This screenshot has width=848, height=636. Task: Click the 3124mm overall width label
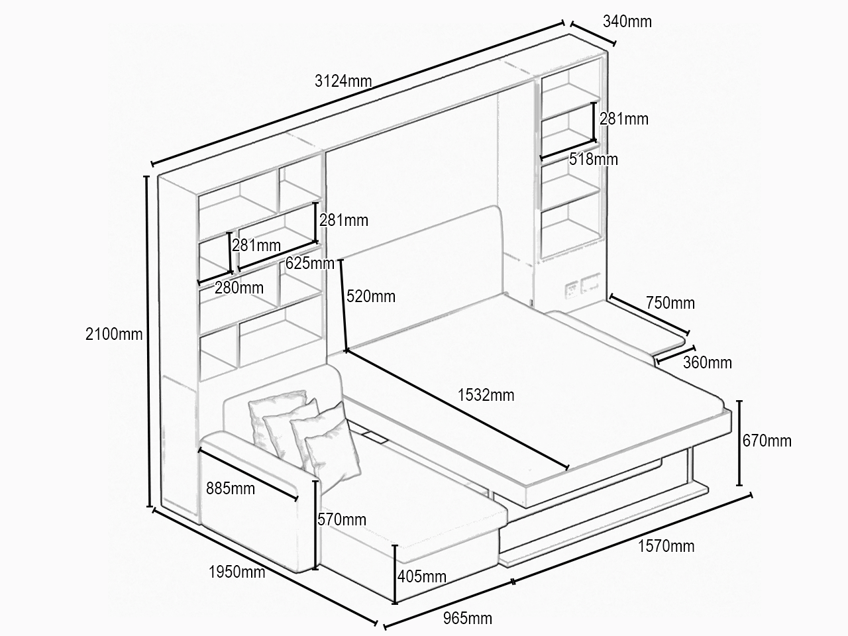pos(343,81)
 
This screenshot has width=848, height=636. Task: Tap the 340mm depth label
pos(627,21)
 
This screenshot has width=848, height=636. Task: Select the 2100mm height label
pos(114,334)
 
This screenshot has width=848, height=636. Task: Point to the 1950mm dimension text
pos(237,572)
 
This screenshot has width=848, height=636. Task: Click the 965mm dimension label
pos(468,619)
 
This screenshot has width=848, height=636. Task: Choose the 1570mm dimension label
pos(666,546)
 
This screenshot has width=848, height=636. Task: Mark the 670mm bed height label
pos(767,441)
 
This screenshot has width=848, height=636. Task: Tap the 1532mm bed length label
pos(486,395)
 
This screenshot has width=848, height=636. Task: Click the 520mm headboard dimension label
pos(371,297)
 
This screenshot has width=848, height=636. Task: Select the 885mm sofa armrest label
pos(231,488)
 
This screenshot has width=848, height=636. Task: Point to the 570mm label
pos(342,519)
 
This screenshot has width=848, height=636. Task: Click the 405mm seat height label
pos(422,576)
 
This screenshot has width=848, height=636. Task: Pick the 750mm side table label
pos(670,303)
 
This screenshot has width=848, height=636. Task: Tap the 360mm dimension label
pos(708,362)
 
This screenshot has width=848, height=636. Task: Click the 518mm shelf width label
pos(594,159)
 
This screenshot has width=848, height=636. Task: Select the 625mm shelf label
pos(310,264)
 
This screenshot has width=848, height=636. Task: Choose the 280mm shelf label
pos(239,288)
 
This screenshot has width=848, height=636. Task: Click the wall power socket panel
pos(582,286)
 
